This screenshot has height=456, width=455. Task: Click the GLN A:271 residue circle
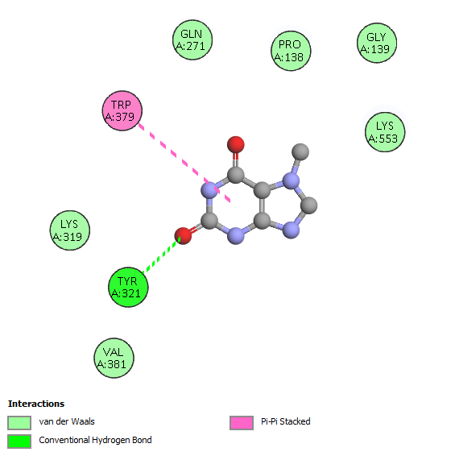click(192, 39)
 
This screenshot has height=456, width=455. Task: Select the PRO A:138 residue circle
click(291, 51)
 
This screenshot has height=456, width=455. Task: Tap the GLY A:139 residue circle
click(377, 43)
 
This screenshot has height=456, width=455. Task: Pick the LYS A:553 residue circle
click(385, 132)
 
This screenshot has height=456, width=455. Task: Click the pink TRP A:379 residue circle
click(122, 110)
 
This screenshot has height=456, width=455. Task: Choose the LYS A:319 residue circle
click(70, 230)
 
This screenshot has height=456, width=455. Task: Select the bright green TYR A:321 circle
click(128, 288)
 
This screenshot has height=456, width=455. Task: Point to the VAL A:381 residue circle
click(114, 358)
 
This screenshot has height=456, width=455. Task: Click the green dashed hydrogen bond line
click(162, 255)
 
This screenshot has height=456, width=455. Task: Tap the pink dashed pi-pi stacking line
click(184, 163)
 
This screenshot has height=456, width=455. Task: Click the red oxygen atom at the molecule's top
click(236, 144)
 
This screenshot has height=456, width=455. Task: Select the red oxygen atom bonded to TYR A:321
click(183, 236)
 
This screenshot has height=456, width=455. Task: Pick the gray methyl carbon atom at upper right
click(300, 151)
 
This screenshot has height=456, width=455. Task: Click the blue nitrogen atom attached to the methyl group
click(291, 181)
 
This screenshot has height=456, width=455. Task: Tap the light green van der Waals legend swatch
click(19, 423)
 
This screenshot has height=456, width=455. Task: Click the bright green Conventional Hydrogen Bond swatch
click(19, 441)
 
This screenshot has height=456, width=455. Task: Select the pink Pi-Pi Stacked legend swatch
click(242, 423)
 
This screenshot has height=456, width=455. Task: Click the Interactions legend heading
click(36, 404)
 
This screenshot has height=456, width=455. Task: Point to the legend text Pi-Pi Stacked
click(286, 421)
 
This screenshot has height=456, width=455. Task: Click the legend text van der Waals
click(67, 421)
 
